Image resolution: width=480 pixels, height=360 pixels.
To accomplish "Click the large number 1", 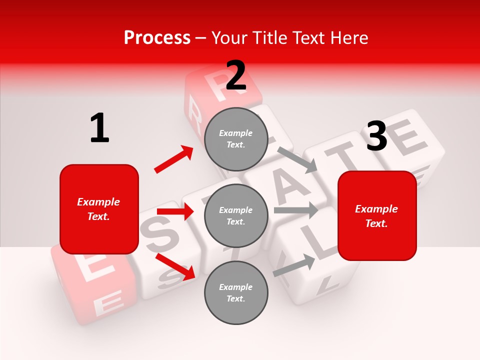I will click(99, 128).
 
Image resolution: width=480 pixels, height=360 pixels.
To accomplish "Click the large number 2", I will click(236, 75).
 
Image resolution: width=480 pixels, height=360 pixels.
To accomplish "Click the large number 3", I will click(376, 136).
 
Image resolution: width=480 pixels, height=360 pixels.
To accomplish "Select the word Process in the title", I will click(157, 37).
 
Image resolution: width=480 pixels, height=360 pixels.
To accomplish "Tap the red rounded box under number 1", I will click(99, 209).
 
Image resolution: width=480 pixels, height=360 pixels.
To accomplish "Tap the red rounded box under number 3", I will click(377, 215).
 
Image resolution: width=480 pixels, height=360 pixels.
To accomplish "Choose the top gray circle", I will click(236, 139).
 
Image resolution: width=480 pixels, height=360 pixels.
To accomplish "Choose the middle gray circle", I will click(236, 215).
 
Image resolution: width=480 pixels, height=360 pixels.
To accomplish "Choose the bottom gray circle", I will click(236, 292).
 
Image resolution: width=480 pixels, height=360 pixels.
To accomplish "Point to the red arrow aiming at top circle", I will click(174, 159).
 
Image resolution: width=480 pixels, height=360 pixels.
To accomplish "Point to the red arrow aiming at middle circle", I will click(175, 212).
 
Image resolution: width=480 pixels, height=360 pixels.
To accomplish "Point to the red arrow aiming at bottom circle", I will click(175, 266).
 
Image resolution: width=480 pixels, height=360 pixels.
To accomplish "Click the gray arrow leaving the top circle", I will click(297, 159).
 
